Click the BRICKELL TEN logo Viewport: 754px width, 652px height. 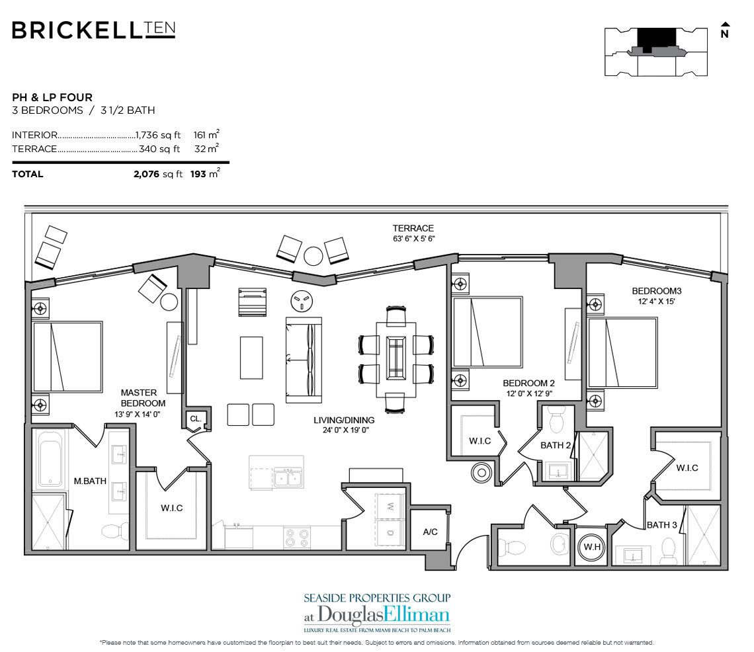pyautogui.click(x=93, y=30)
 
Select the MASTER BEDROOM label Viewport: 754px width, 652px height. pyautogui.click(x=143, y=398)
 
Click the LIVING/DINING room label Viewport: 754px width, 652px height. pyautogui.click(x=343, y=420)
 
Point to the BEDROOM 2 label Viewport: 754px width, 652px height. pyautogui.click(x=528, y=383)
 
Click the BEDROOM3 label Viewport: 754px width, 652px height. pyautogui.click(x=657, y=291)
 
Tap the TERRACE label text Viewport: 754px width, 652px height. pyautogui.click(x=413, y=228)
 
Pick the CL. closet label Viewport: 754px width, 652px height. pyautogui.click(x=195, y=419)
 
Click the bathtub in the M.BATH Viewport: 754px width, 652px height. pyautogui.click(x=50, y=459)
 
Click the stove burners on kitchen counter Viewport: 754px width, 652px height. pyautogui.click(x=296, y=537)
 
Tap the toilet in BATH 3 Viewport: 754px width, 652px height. pyautogui.click(x=668, y=548)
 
